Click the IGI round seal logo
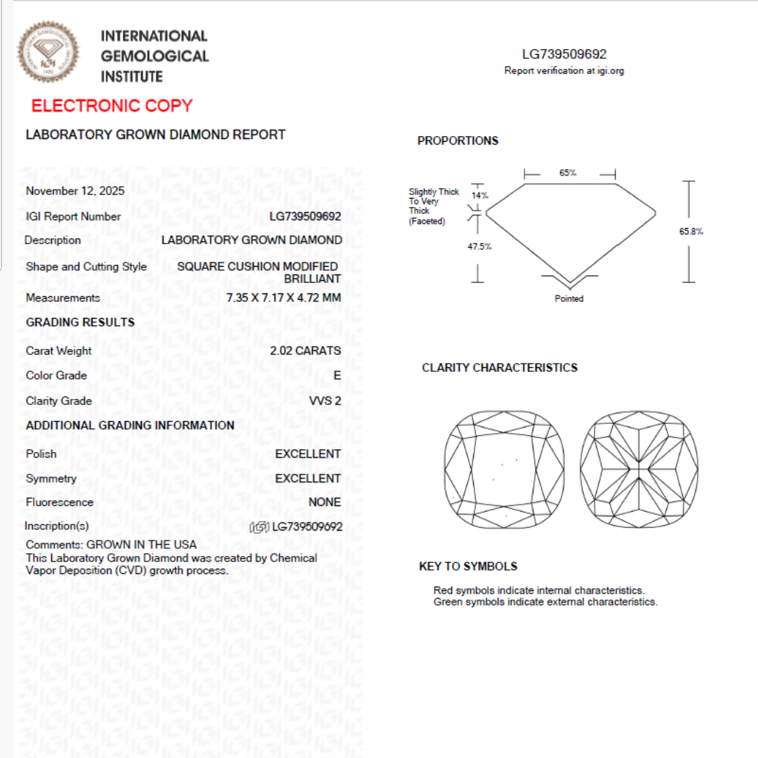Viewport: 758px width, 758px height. (48, 52)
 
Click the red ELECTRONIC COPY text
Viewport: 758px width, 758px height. (112, 106)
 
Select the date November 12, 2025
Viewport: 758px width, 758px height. (75, 191)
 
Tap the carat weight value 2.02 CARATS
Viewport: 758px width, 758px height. (305, 350)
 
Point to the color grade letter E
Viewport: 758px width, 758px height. (337, 375)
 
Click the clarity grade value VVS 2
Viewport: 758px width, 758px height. (325, 401)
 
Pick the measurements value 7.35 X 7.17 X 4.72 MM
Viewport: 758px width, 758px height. (284, 298)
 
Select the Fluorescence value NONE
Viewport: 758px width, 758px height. (324, 502)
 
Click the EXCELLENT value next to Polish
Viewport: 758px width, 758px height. (307, 454)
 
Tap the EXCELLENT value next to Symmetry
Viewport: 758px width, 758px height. (307, 479)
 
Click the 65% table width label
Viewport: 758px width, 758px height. (568, 173)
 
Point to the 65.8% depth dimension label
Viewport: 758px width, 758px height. (691, 232)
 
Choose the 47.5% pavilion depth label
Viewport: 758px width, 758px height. (479, 246)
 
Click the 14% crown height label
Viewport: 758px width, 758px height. (479, 196)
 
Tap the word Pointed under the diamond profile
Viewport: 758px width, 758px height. (569, 298)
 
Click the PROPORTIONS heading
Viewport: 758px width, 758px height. (458, 141)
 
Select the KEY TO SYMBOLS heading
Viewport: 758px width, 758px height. (467, 566)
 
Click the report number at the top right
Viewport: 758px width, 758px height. (564, 55)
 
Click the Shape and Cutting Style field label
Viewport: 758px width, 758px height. (86, 267)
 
